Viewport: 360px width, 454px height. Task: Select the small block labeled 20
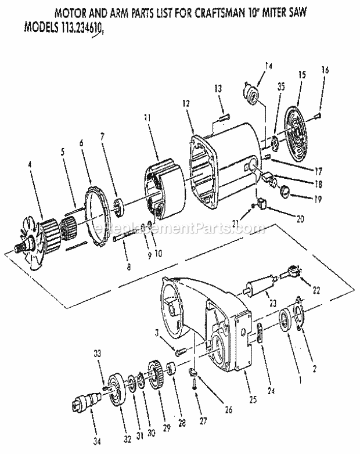tap(261, 204)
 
